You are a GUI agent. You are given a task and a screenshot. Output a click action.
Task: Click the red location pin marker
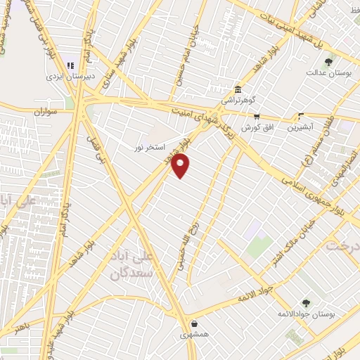(181, 166)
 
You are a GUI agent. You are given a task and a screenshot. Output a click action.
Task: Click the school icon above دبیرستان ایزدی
(72, 58)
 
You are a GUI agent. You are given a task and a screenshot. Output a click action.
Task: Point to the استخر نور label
(150, 148)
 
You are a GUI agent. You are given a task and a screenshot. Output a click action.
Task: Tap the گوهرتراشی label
(238, 101)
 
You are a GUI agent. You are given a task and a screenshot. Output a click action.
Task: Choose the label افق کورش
(257, 128)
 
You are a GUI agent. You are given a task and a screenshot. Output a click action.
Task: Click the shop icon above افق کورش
(257, 117)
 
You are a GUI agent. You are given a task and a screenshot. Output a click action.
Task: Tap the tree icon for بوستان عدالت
(328, 63)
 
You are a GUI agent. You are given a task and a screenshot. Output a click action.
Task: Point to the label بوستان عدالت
(325, 73)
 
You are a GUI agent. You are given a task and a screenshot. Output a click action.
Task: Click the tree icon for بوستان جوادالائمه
(305, 303)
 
